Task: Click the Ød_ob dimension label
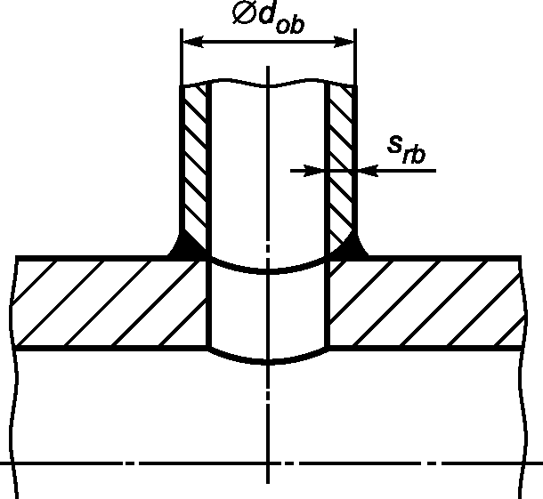click(268, 18)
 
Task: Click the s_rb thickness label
click(406, 149)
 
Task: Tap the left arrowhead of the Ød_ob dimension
click(193, 42)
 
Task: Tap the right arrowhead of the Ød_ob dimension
click(344, 42)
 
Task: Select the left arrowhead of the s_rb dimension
click(315, 171)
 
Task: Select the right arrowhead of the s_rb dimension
click(368, 171)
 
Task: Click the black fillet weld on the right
click(351, 245)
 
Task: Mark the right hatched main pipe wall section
click(426, 303)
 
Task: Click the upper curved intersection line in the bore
click(268, 270)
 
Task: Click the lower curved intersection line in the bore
click(268, 362)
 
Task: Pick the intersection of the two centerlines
click(268, 463)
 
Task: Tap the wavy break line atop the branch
click(268, 84)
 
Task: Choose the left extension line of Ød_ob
click(182, 57)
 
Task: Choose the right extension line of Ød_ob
click(355, 57)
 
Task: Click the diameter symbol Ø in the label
click(244, 14)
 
